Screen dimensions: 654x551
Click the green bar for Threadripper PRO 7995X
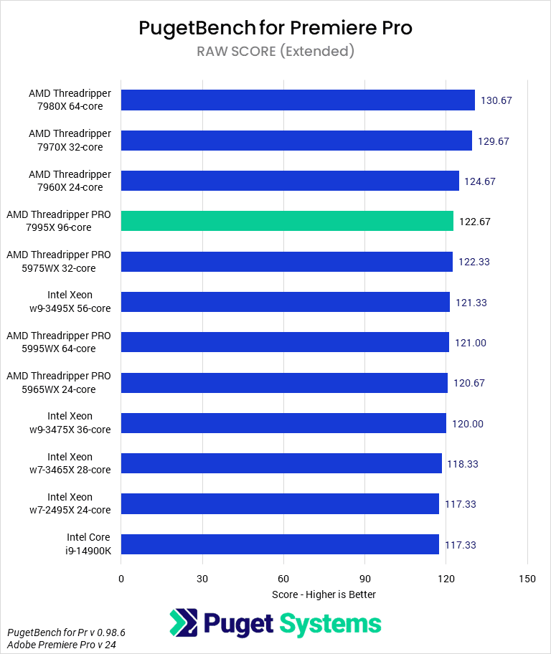pos(287,221)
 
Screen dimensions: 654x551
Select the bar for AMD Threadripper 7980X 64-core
pos(298,100)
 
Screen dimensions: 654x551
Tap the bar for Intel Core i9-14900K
pos(280,544)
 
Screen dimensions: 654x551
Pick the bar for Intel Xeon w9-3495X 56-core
pos(285,302)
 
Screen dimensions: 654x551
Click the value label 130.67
pos(496,100)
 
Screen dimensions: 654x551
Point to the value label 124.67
pos(480,181)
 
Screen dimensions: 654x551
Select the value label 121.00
pos(471,343)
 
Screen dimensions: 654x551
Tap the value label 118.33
pos(463,464)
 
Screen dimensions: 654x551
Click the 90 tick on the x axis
pos(364,579)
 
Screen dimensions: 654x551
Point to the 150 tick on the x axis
pos(527,579)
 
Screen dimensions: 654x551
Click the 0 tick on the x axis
pos(121,579)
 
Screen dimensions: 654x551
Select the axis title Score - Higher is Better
pos(324,594)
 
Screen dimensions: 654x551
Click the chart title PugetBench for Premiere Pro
pos(275,28)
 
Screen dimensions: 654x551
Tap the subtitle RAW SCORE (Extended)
pos(275,51)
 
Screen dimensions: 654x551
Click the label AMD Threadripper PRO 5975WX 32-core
pos(59,262)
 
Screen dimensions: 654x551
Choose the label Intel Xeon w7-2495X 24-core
pos(70,503)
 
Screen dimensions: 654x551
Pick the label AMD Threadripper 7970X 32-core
pos(70,141)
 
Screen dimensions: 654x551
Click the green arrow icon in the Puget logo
pos(184,622)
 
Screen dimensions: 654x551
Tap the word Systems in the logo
pos(331,623)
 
